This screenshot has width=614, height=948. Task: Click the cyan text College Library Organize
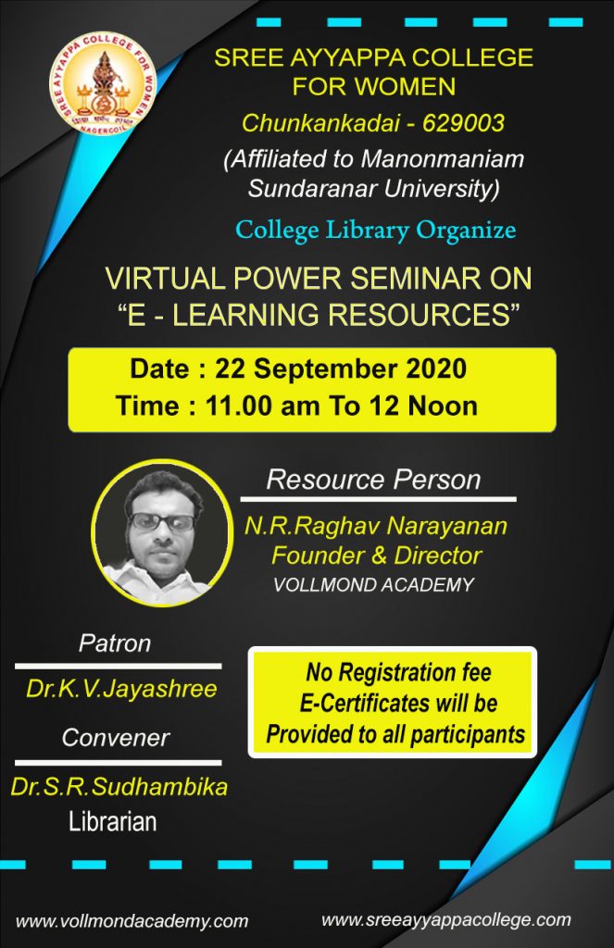point(376,231)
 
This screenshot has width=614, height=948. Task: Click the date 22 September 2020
point(341,368)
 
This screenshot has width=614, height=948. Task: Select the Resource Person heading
point(374,480)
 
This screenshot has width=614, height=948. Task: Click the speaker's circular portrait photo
point(161,532)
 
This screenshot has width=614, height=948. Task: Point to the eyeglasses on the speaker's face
point(162,521)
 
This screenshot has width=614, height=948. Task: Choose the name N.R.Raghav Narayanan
point(376,526)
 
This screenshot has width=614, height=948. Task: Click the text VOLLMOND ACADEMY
point(374,585)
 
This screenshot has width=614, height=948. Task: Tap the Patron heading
point(115,643)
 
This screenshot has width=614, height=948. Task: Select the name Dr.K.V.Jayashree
point(121,689)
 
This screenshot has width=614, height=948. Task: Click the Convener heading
point(116,738)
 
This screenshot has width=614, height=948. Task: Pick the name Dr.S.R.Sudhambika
point(119,787)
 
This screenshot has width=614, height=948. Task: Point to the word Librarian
point(112,822)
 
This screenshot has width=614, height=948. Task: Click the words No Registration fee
point(398,672)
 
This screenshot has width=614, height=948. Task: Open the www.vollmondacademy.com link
point(132,921)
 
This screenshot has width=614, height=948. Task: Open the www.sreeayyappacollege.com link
point(445,920)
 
